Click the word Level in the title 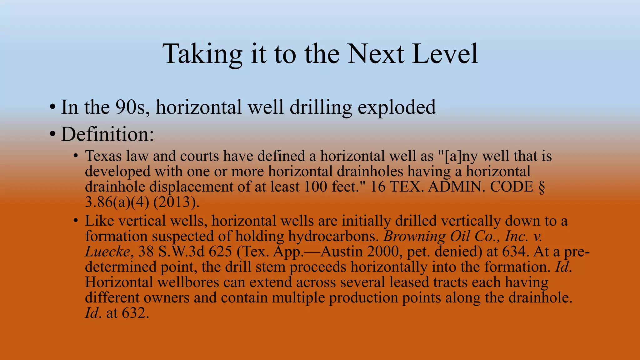click(445, 54)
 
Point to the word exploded click(397, 107)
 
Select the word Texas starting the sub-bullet click(103, 156)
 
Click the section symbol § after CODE click(542, 187)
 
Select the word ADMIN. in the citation click(457, 187)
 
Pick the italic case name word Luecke click(107, 252)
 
